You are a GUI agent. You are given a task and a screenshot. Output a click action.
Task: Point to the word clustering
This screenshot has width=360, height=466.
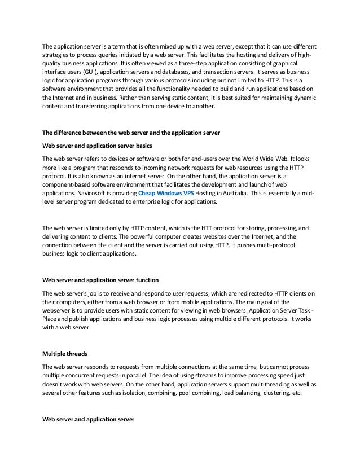point(268,394)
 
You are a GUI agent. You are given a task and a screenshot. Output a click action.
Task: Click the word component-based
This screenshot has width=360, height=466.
point(68,185)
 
